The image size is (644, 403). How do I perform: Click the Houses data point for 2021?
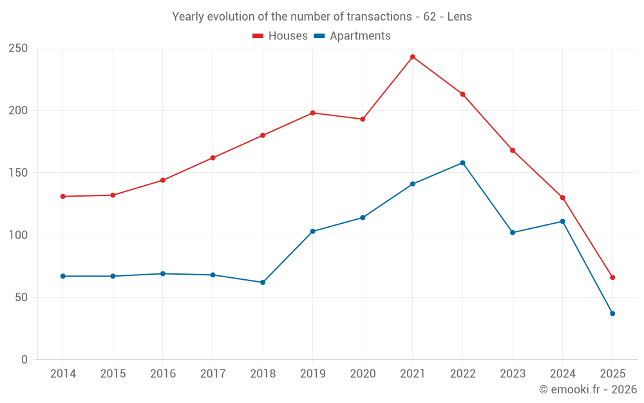pos(413,57)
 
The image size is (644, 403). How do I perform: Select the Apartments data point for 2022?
pos(462,163)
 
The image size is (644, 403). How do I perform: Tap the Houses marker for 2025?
pos(612,277)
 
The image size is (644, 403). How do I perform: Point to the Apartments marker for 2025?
pos(612,313)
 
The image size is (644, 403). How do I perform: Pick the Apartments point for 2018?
pos(263,282)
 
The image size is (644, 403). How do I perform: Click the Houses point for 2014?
pos(62,197)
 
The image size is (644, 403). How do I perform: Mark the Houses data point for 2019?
pos(312,113)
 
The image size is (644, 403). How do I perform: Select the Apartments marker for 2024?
pos(562,221)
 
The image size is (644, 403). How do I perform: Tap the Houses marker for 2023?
pos(513,150)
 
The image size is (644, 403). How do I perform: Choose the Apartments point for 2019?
pos(312,231)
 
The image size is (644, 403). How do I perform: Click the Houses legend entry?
pos(280,36)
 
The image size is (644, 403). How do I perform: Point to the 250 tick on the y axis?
pos(18,48)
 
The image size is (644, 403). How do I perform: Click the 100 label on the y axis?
pos(18,235)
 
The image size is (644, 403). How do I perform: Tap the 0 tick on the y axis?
pos(24,360)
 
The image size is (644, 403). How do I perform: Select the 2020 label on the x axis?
pos(363,374)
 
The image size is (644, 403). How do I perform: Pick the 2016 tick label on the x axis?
pos(163,374)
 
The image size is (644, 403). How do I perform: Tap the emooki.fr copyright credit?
pos(588,389)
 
